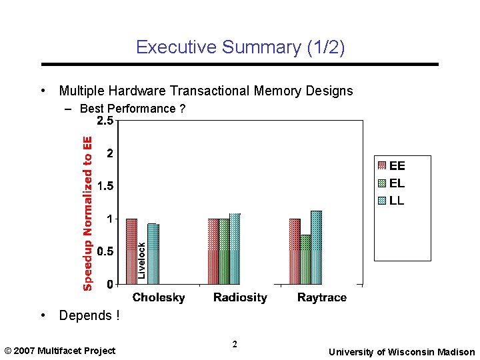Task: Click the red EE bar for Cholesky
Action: pyautogui.click(x=131, y=251)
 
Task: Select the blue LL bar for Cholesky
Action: pyautogui.click(x=153, y=254)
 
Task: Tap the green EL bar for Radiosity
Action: pyautogui.click(x=224, y=251)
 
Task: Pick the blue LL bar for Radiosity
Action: pyautogui.click(x=235, y=249)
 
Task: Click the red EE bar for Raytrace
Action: pyautogui.click(x=295, y=251)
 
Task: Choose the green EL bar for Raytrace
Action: pyautogui.click(x=305, y=259)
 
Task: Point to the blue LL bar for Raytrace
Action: pyautogui.click(x=316, y=247)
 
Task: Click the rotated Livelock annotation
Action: pyautogui.click(x=141, y=261)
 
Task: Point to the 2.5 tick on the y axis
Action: pyautogui.click(x=105, y=121)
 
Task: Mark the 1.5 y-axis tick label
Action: pyautogui.click(x=105, y=186)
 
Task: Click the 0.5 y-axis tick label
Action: pyautogui.click(x=105, y=251)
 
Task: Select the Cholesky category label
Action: pyautogui.click(x=159, y=297)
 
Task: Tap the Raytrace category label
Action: pyautogui.click(x=321, y=297)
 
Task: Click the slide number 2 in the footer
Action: pyautogui.click(x=235, y=345)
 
